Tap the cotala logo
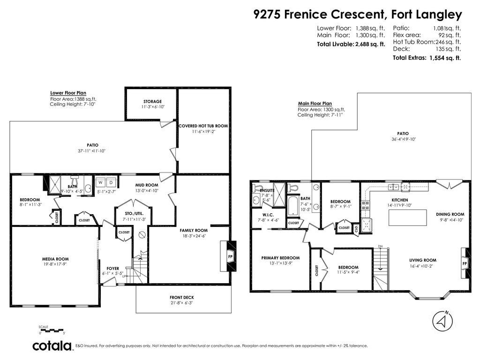tap(52, 345)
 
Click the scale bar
tap(52, 330)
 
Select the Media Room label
tap(55, 259)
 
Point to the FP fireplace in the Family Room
tap(230, 256)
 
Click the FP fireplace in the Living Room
tap(465, 263)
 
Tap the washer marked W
tap(100, 182)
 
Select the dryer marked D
tap(111, 182)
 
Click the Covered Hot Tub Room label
tap(203, 126)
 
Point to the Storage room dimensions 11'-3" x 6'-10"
tap(153, 107)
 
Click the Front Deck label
tap(182, 297)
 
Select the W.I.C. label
tap(268, 215)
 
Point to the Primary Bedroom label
tap(280, 258)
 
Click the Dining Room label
tap(450, 214)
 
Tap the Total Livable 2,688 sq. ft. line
tap(351, 44)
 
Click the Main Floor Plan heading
tap(315, 104)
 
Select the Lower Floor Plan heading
tap(68, 93)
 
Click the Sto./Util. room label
tap(134, 213)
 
